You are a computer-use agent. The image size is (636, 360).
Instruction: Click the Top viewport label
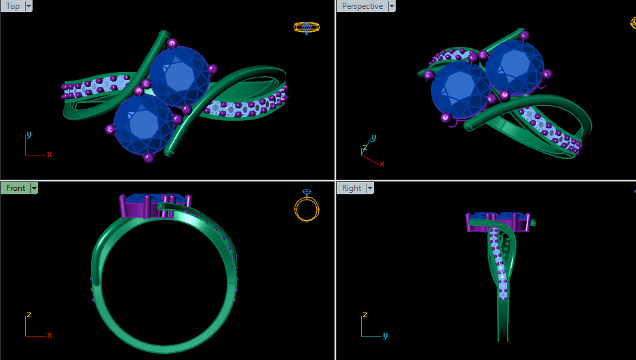12,6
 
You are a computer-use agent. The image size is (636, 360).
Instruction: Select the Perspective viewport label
362,6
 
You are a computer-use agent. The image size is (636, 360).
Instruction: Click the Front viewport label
15,188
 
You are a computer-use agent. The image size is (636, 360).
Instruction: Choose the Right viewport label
352,188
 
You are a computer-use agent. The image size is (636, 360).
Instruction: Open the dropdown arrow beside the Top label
29,6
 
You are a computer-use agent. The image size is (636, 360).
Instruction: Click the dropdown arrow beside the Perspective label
390,6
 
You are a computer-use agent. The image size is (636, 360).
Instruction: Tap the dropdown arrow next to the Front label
34,188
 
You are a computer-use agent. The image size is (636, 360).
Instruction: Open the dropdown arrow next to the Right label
371,188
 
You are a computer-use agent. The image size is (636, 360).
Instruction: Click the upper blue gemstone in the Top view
179,74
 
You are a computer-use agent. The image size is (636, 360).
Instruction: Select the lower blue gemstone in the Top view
144,124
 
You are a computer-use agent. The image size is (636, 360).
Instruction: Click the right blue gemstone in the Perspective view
515,67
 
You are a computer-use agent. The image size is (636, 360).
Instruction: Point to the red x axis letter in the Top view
50,154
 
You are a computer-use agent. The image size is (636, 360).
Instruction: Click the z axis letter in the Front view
29,314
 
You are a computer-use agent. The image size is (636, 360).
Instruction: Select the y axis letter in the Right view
385,335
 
